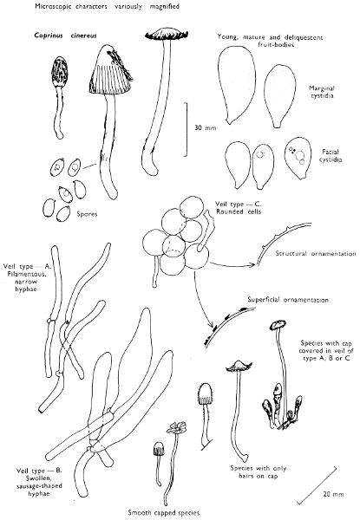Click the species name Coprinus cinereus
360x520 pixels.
point(65,36)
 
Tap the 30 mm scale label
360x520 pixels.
point(205,127)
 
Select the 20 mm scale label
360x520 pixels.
point(333,494)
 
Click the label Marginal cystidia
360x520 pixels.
point(322,92)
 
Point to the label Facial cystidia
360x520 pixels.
point(331,155)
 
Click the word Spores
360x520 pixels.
point(87,214)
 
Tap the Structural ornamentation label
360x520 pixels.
point(316,254)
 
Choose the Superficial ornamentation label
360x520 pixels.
point(288,300)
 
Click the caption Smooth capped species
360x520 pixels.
point(164,513)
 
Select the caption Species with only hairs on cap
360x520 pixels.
point(259,472)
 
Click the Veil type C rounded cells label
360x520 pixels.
point(239,208)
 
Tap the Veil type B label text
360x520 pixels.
point(39,482)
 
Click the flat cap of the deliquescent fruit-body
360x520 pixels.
point(167,34)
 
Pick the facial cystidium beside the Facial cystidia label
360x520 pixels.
point(298,158)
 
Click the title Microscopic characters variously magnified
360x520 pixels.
point(108,6)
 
